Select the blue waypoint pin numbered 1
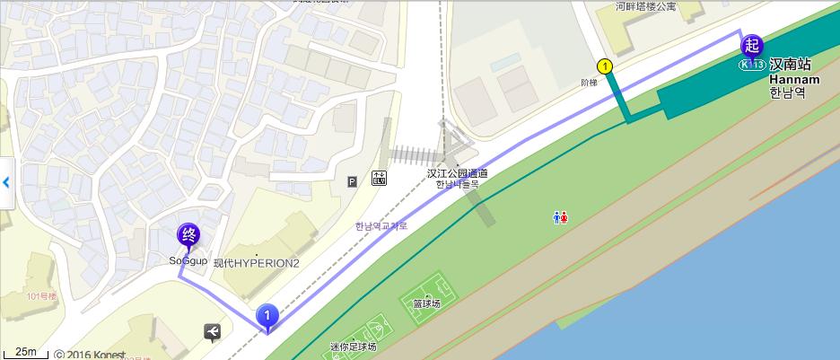267,316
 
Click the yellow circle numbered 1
605,66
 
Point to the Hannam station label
791,79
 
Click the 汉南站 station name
790,65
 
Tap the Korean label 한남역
788,92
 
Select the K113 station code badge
752,65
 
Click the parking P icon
352,181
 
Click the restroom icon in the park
560,217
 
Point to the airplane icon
212,332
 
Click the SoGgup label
188,261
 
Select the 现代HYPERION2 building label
256,262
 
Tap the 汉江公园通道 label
458,173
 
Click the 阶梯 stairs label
589,83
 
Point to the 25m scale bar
26,351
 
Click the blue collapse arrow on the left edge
6,182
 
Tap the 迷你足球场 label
353,347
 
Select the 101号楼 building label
41,295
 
